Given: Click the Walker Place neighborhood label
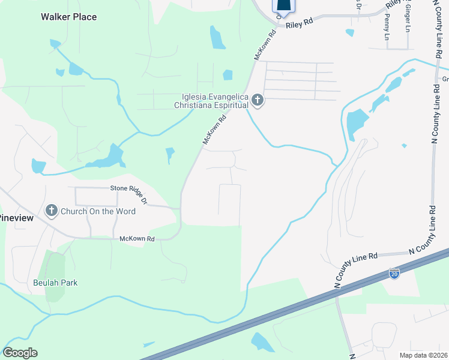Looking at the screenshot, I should (x=68, y=17).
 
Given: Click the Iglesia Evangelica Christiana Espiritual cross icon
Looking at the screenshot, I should (x=258, y=100).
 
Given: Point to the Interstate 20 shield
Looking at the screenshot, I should (x=394, y=274).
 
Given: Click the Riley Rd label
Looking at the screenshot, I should (x=300, y=23).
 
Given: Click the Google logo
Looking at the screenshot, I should (x=20, y=353).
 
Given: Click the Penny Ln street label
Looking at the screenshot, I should (x=386, y=32).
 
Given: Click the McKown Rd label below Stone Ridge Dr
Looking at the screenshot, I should (x=137, y=239).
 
